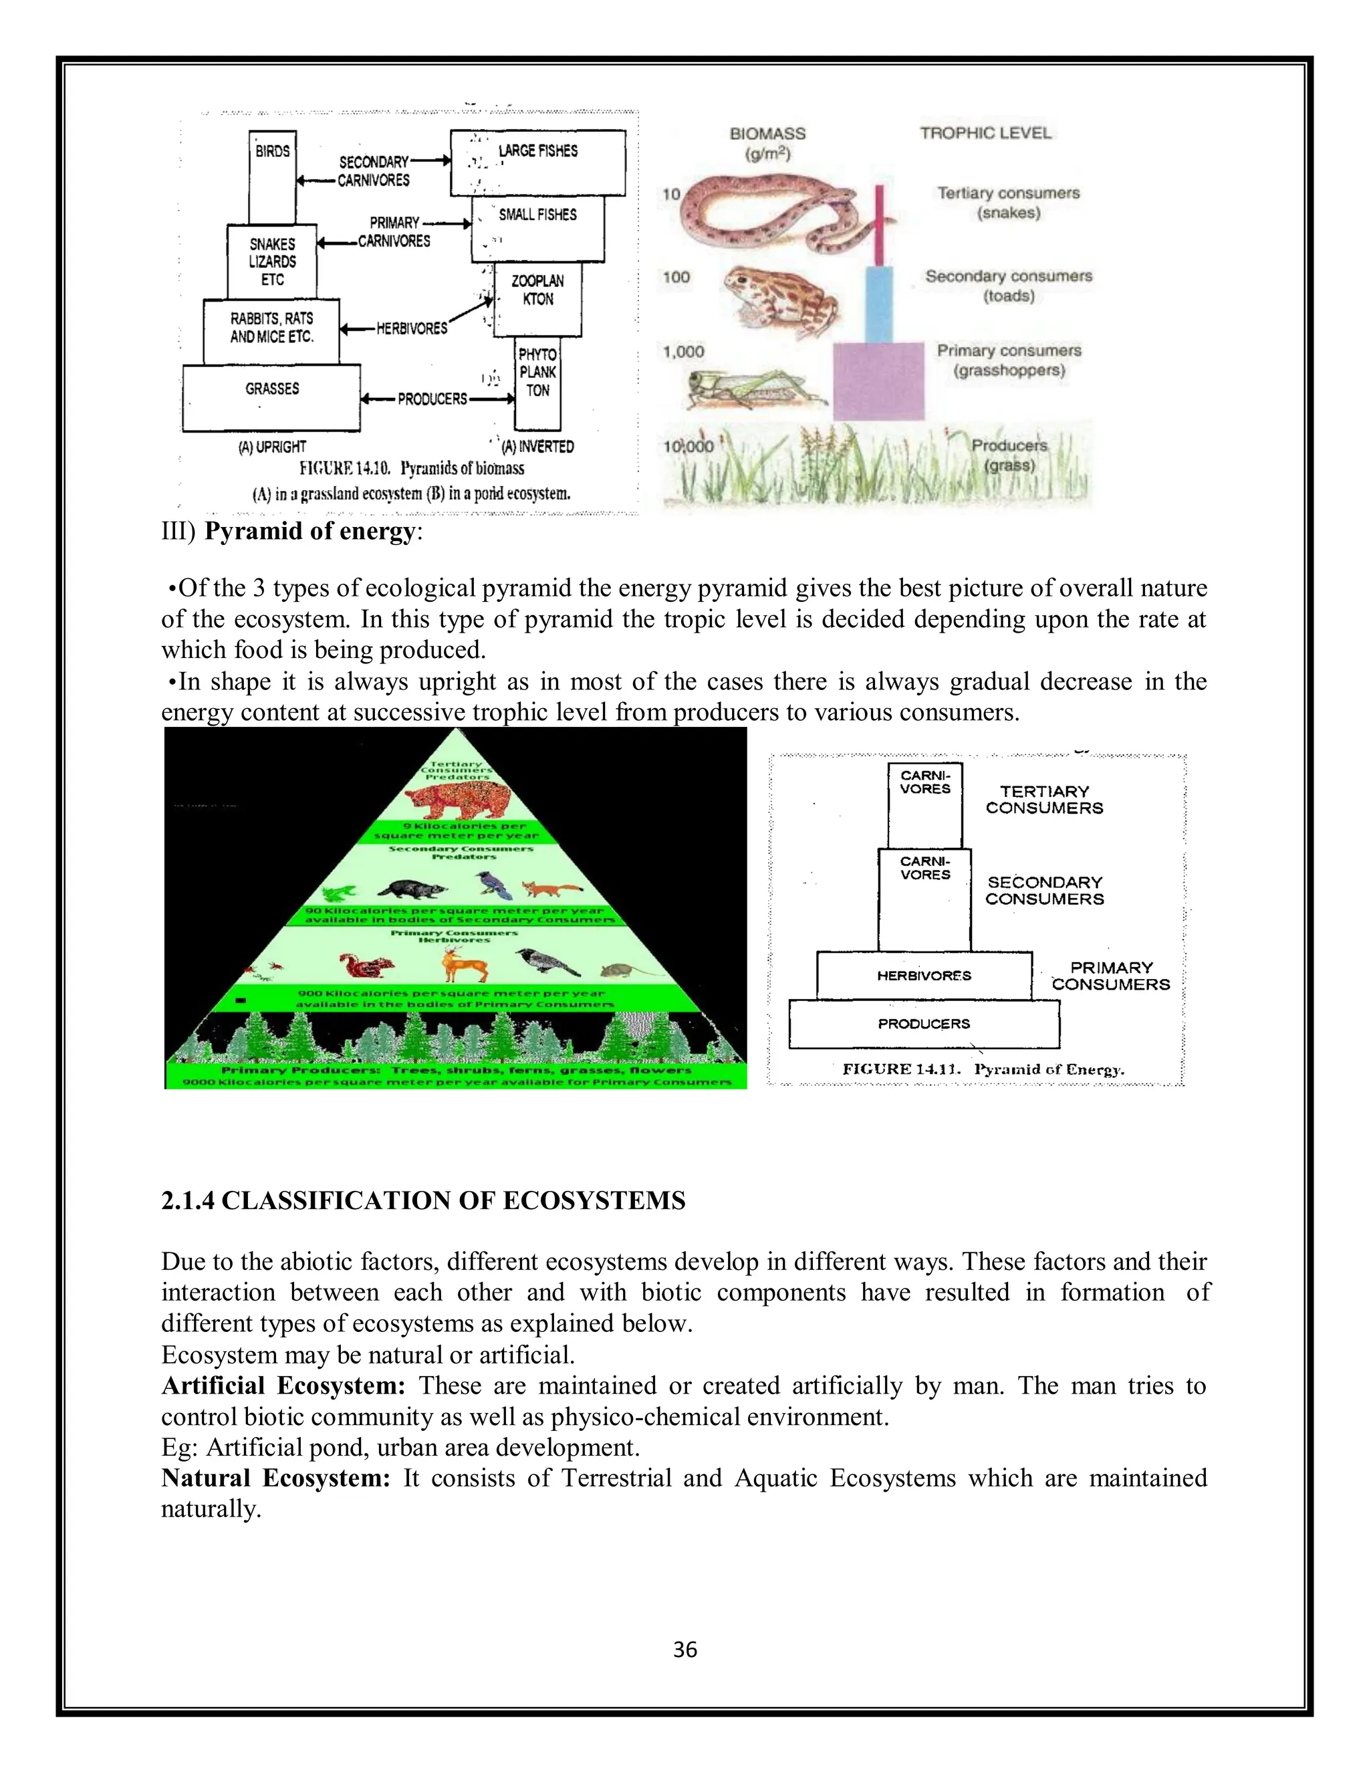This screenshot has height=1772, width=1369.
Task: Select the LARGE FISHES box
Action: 537,162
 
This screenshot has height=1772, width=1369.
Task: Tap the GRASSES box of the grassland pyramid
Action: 271,398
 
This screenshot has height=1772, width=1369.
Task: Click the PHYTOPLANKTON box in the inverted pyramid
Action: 537,383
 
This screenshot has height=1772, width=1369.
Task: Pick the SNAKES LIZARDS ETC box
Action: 273,261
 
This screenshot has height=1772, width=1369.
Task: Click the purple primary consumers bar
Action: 878,380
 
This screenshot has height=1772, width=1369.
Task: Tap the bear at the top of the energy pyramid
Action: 457,799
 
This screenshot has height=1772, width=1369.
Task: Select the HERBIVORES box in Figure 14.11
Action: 924,976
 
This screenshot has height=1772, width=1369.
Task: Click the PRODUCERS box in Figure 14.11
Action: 924,1024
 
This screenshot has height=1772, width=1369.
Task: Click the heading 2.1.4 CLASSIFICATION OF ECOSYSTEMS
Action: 423,1201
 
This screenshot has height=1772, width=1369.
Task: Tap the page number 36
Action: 685,1650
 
